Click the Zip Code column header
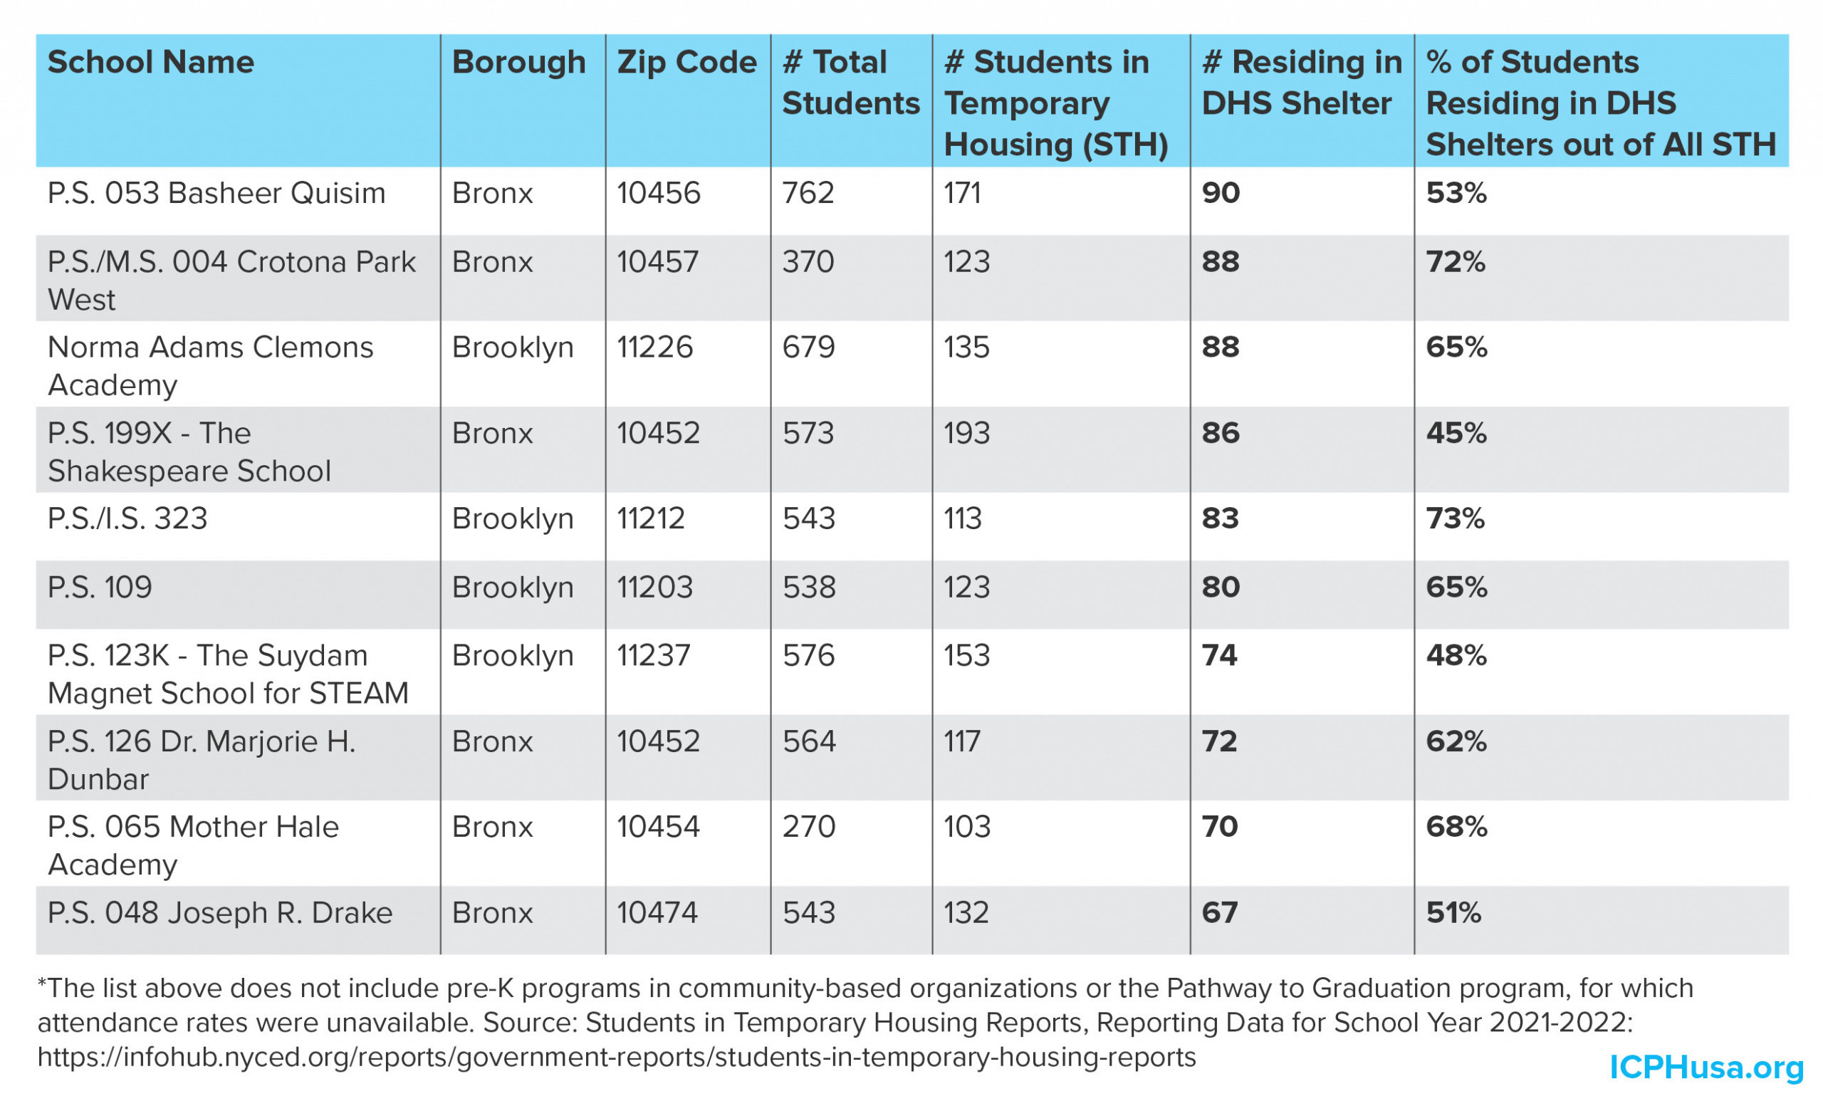coord(686,62)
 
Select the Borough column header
coord(518,62)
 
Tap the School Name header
coord(150,62)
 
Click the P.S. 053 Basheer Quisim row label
coord(216,193)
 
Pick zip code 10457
coord(657,262)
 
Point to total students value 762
coord(808,193)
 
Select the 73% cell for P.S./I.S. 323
coord(1455,518)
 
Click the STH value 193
coord(966,433)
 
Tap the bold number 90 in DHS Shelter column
coord(1220,193)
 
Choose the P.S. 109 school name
coord(100,588)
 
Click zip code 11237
coord(653,656)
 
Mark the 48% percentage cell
coord(1456,656)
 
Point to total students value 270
coord(809,827)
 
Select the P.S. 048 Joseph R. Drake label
coord(220,912)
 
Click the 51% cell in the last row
coord(1453,912)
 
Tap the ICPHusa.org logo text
coord(1706,1067)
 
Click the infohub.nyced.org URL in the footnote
coord(616,1058)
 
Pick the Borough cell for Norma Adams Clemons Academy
coord(513,348)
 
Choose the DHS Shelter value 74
coord(1219,656)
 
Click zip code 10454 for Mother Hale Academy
coord(658,827)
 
